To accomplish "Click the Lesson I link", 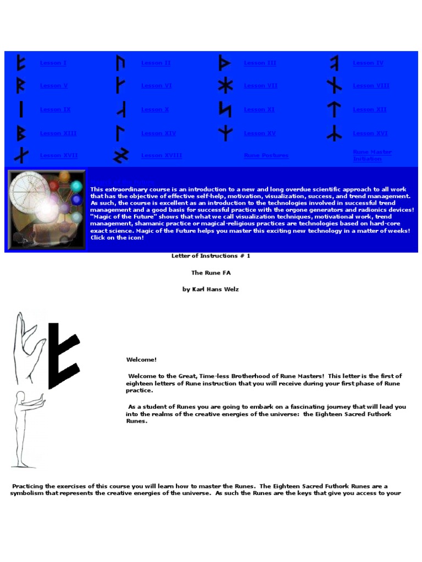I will (x=53, y=63).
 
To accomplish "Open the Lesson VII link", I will (x=260, y=86).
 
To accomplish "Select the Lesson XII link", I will (x=369, y=110).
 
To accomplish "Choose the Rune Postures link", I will (x=266, y=156).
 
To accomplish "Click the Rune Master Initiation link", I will (x=372, y=155).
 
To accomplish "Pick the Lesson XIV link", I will (x=158, y=133).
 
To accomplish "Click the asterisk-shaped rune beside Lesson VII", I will (x=225, y=86).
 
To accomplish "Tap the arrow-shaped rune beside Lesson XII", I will (x=334, y=110).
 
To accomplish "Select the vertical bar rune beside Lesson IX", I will (x=21, y=110).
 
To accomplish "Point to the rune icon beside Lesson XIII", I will (x=21, y=133).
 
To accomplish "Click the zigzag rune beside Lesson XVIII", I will (x=120, y=156).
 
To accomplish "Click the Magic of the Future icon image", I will (x=46, y=209).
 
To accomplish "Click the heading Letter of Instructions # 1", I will (x=210, y=256).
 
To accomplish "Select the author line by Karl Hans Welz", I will (x=210, y=289).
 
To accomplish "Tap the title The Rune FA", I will (x=210, y=273).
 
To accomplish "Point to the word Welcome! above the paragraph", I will (x=141, y=359).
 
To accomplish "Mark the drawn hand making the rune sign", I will (x=29, y=349).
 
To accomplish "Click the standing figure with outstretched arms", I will (x=25, y=428).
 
